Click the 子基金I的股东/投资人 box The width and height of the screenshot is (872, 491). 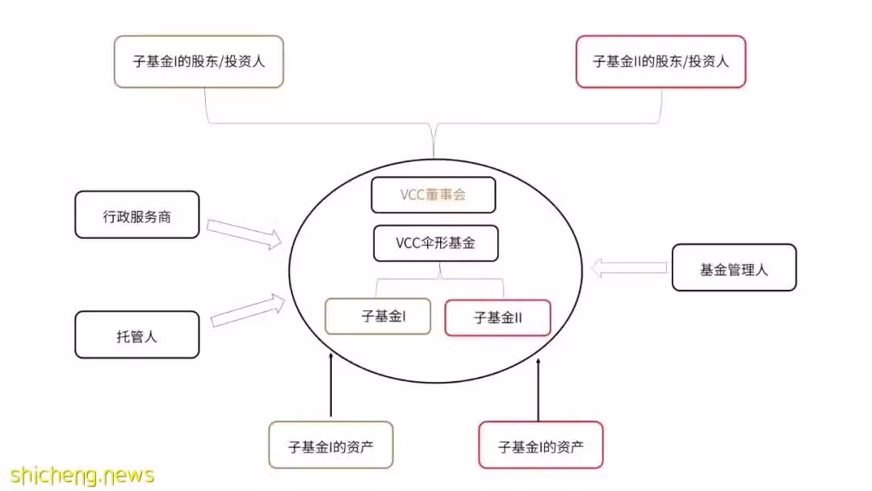(199, 61)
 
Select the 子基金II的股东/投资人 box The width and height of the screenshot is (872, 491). (660, 61)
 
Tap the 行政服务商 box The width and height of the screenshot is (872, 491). (136, 215)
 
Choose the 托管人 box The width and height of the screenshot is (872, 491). (136, 334)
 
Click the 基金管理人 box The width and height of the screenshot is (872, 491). (734, 267)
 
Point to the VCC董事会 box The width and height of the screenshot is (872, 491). (434, 195)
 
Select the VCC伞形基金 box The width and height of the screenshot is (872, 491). (435, 243)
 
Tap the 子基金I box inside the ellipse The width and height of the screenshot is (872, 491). (378, 316)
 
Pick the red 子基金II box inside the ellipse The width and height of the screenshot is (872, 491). (497, 317)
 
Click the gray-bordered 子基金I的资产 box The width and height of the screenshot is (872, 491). (331, 445)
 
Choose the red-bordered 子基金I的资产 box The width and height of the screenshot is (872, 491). (540, 445)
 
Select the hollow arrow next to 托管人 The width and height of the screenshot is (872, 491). (248, 310)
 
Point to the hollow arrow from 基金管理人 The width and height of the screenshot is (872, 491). (629, 267)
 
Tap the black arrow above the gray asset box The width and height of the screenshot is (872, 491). (331, 384)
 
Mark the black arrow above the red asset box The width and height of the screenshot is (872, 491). (539, 390)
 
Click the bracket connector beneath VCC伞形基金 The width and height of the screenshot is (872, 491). (440, 279)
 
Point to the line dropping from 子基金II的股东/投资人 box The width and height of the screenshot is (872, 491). (661, 106)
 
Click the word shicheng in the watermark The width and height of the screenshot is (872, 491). (55, 476)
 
